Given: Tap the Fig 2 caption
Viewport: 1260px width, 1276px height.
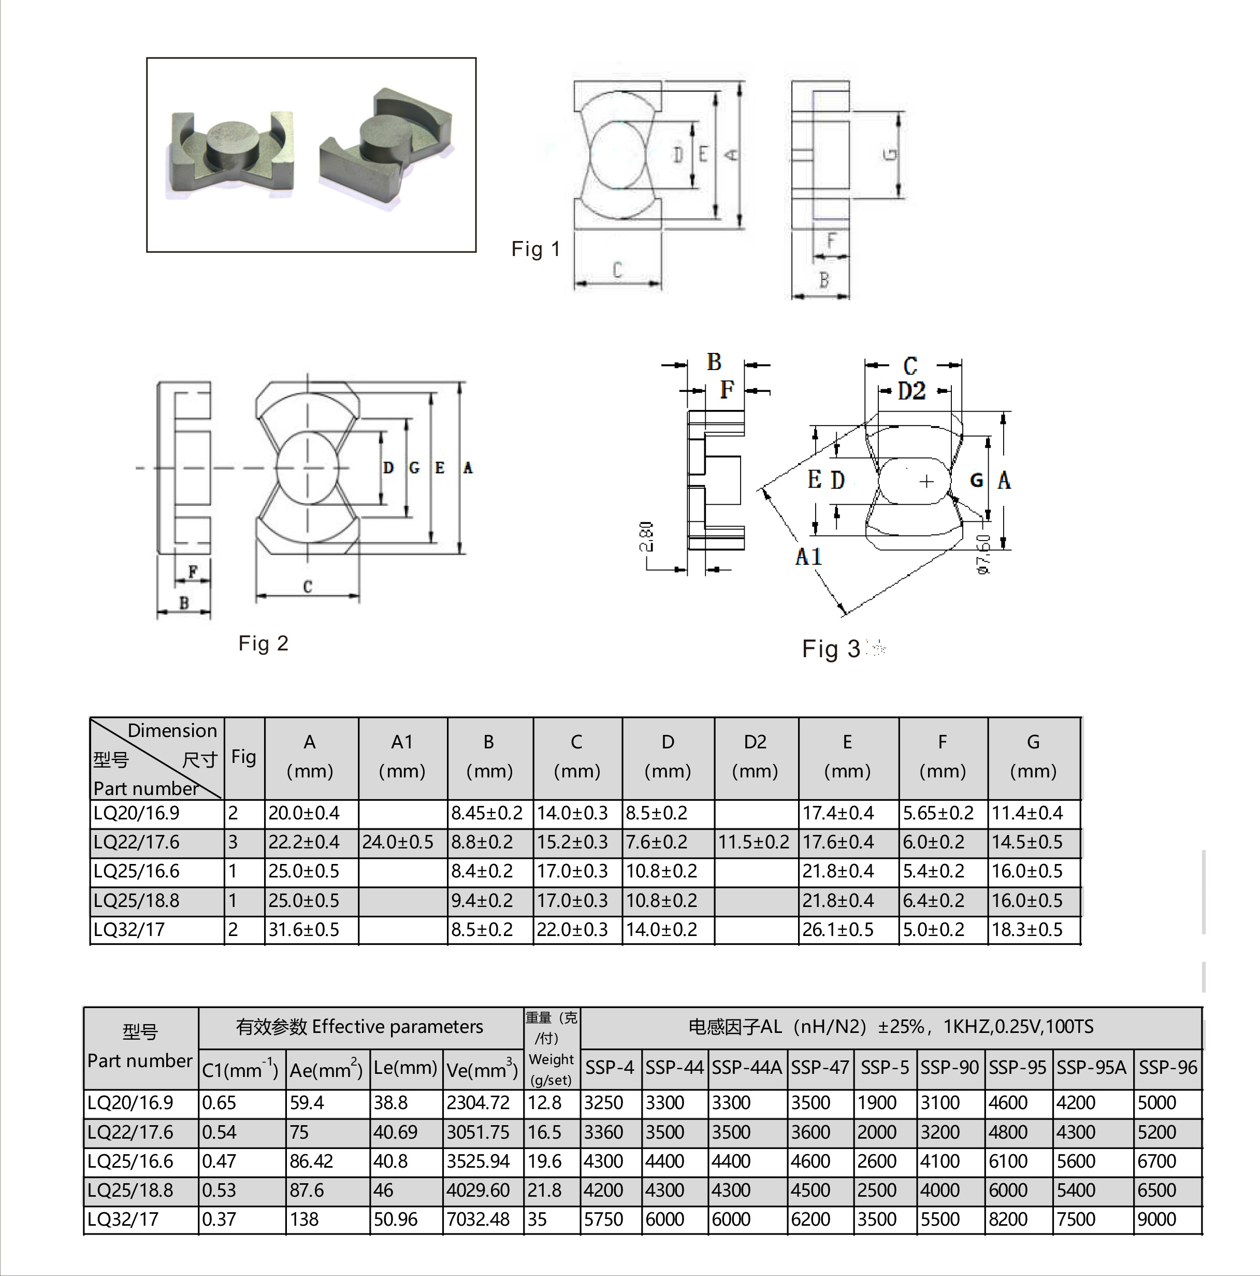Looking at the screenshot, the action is (x=264, y=643).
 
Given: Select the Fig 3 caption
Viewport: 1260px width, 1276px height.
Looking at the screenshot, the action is (x=831, y=648).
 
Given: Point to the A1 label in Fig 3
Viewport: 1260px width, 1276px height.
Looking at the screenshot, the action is (x=808, y=557).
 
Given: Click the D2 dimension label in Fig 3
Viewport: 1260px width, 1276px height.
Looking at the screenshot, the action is (x=911, y=391).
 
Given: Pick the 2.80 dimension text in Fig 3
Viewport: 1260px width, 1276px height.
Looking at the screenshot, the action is (x=647, y=536).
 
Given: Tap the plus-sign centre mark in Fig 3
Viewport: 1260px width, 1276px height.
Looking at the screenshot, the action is (x=926, y=481).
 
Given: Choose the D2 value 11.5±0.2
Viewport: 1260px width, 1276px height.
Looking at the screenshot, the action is (x=753, y=842).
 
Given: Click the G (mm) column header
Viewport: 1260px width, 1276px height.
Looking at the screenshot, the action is (x=1033, y=756).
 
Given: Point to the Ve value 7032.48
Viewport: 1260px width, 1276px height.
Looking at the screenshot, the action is (x=478, y=1219).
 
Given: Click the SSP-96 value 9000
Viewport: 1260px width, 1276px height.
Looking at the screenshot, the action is (x=1156, y=1219).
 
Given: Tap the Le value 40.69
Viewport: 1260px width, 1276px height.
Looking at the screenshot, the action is (x=395, y=1132).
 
